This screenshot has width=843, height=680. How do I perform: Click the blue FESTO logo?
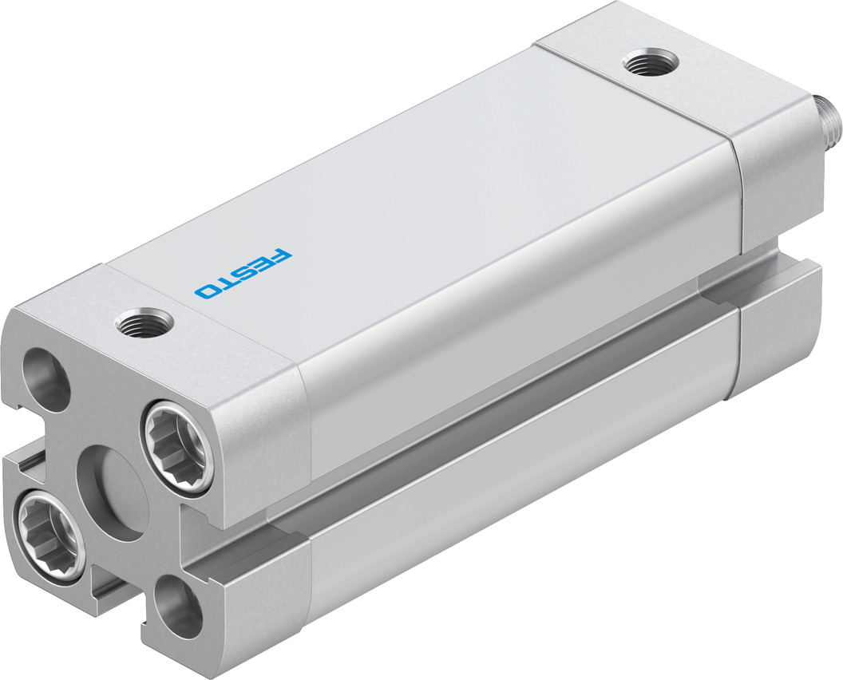[243, 274]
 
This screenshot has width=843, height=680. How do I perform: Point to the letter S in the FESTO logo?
[244, 272]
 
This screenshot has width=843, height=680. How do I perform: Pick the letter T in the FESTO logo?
[226, 281]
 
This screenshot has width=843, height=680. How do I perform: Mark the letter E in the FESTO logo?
[263, 264]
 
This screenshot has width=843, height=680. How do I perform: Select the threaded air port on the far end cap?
[651, 63]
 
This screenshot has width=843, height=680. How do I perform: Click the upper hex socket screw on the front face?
[177, 445]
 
